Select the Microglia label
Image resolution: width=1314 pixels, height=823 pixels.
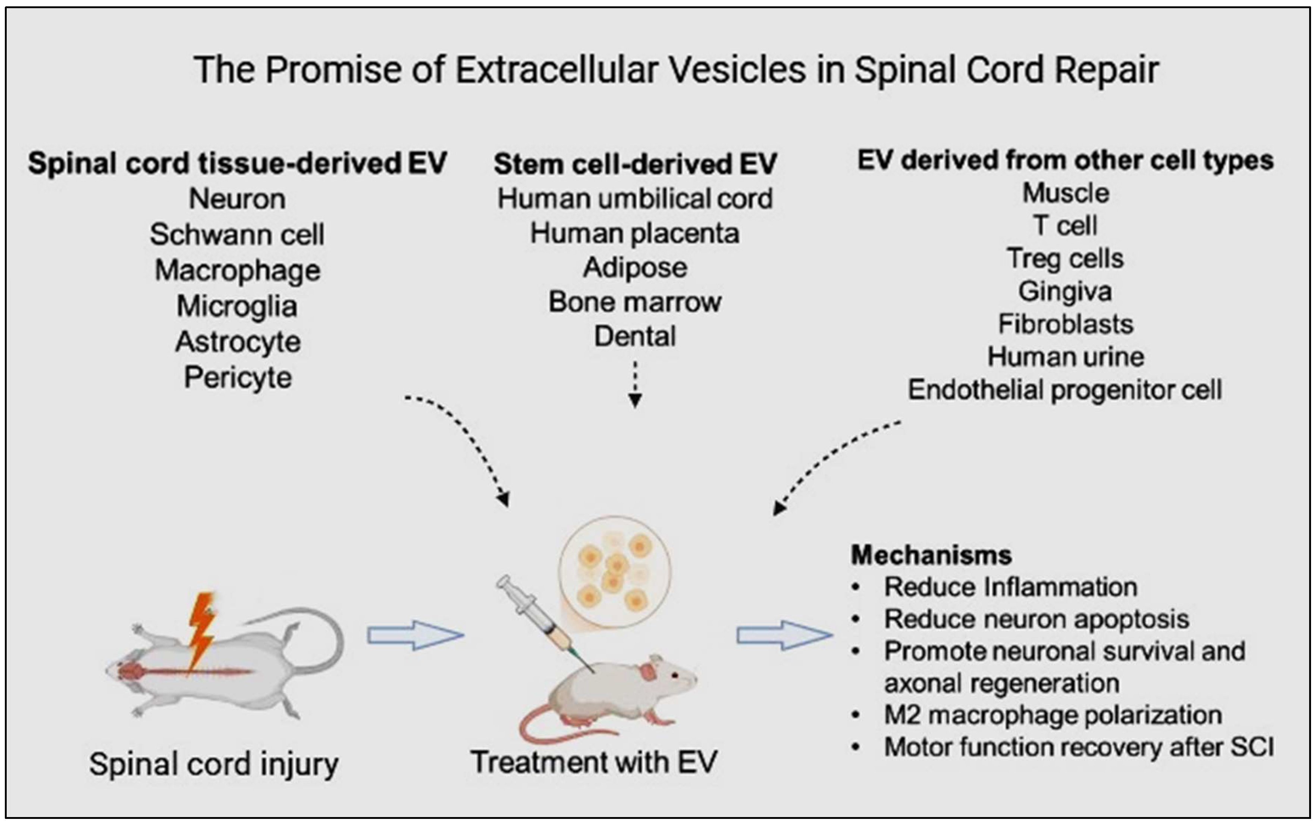tap(237, 306)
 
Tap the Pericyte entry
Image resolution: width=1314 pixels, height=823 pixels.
tap(238, 377)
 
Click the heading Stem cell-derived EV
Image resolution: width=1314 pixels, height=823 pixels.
tap(635, 164)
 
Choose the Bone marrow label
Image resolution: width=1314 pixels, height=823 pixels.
tap(634, 301)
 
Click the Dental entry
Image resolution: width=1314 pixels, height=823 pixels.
tap(634, 336)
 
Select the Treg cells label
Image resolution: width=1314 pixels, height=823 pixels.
tap(1065, 258)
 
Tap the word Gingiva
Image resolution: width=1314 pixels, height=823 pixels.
tap(1065, 291)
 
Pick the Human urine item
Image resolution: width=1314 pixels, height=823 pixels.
tap(1065, 357)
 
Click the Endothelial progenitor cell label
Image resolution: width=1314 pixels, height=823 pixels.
tap(1065, 390)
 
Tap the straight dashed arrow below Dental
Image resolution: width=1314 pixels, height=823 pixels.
tap(635, 384)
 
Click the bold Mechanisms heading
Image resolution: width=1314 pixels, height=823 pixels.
tap(931, 555)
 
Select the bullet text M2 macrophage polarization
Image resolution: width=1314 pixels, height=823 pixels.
tap(1053, 715)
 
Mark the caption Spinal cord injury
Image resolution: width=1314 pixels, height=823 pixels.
tap(214, 764)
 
